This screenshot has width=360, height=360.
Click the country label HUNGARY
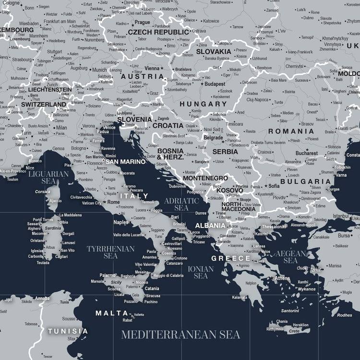203,104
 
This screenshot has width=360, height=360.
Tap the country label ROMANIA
291,131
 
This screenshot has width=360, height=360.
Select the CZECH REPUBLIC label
158,32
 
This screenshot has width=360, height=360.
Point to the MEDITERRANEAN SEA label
180,335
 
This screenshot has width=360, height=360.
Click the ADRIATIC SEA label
181,204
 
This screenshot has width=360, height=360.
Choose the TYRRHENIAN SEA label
110,252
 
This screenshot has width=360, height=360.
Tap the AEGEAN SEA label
290,257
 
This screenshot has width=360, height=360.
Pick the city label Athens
282,278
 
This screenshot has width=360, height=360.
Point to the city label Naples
120,222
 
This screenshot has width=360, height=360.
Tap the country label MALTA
112,313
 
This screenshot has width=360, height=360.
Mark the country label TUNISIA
68,331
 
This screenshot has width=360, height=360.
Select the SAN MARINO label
129,162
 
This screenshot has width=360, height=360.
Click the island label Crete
294,331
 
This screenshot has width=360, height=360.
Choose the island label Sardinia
53,228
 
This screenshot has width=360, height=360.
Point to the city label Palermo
108,275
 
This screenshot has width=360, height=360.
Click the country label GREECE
231,258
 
